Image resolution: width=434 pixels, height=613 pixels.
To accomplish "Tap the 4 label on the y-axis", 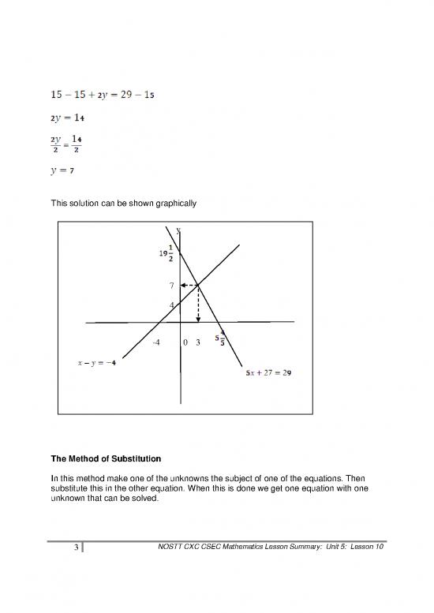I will point(171,305).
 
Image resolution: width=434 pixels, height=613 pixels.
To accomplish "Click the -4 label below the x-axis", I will point(156,343).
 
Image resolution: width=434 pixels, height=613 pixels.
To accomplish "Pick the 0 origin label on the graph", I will point(184,343).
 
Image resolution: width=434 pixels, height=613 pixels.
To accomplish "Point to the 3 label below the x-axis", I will point(198,343).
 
